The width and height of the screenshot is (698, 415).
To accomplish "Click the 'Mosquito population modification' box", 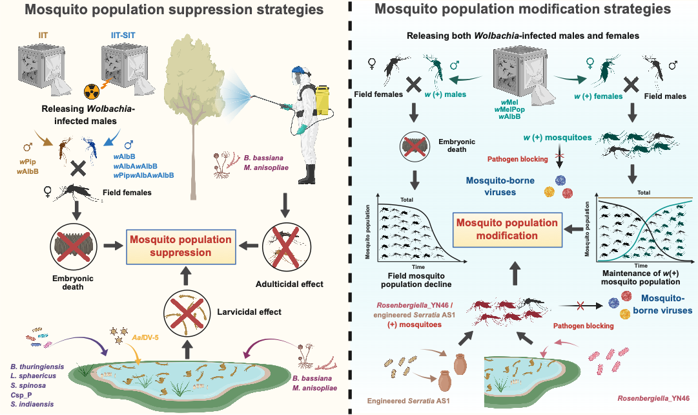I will (x=507, y=229).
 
